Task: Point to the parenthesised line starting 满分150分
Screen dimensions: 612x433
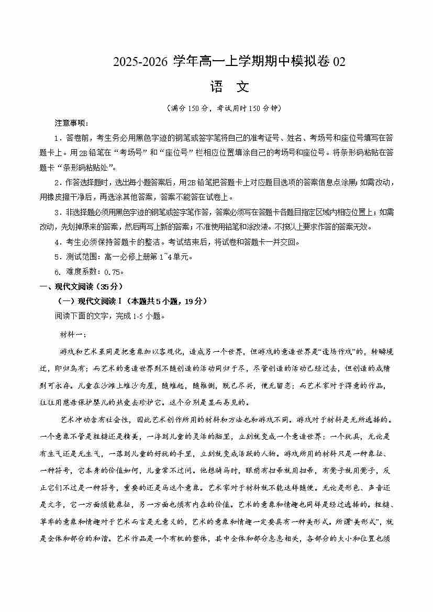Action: click(x=216, y=108)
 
